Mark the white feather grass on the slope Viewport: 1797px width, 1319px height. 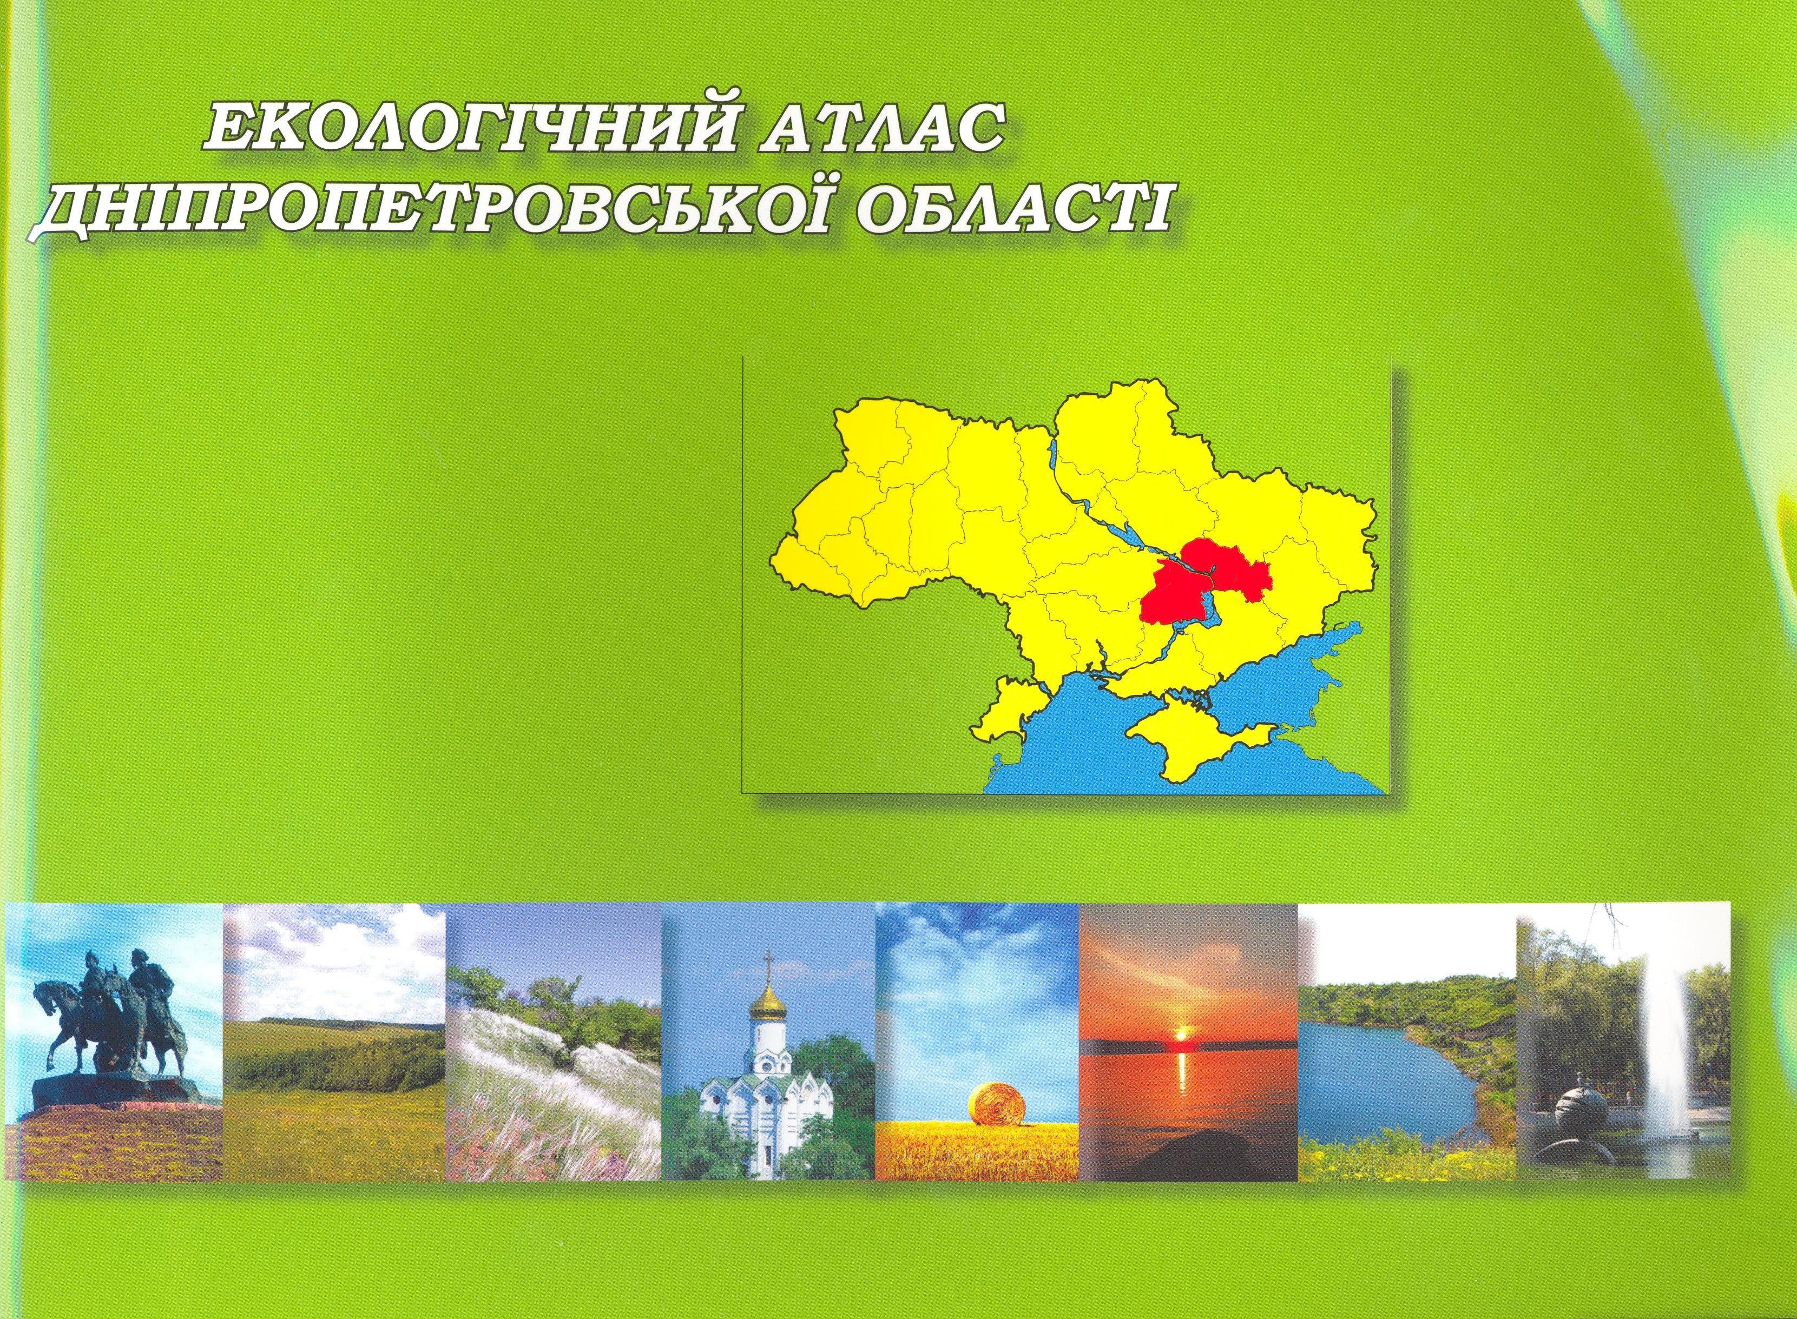pos(543,1070)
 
